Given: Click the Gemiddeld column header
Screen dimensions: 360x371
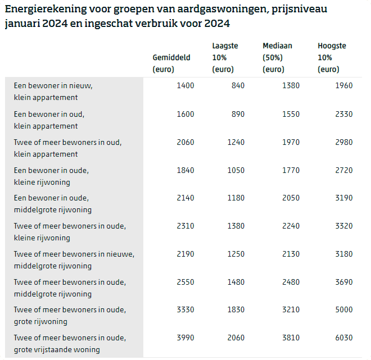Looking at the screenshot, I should pos(171,63).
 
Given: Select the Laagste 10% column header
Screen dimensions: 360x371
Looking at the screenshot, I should pos(225,58).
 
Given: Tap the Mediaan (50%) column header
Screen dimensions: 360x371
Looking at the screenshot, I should pos(277,58).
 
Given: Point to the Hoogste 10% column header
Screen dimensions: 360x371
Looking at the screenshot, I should pos(332,58).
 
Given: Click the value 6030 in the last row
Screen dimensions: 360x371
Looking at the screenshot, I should pos(343,338).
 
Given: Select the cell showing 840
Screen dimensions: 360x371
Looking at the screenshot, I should pos(238,86).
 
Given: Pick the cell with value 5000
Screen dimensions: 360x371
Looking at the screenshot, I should pos(343,310).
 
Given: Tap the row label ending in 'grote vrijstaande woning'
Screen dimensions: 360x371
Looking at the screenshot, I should pos(70,344).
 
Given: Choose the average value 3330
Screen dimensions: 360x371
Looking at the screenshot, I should pos(185,310).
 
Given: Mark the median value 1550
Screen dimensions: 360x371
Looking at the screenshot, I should pos(291,114).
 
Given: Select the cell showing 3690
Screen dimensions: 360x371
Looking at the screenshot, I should pos(343,282).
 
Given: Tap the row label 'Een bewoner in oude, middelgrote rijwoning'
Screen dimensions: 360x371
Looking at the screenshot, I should pos(52,204).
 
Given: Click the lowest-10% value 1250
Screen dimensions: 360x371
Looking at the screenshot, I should pos(236,254).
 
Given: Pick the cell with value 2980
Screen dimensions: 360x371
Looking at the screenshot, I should pos(343,142).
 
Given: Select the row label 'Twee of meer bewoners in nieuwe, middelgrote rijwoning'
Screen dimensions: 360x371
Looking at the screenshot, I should pos(74,260).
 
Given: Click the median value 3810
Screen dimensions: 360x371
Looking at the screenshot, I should pos(291,338).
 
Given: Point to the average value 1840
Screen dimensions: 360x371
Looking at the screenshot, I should pos(185,170).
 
